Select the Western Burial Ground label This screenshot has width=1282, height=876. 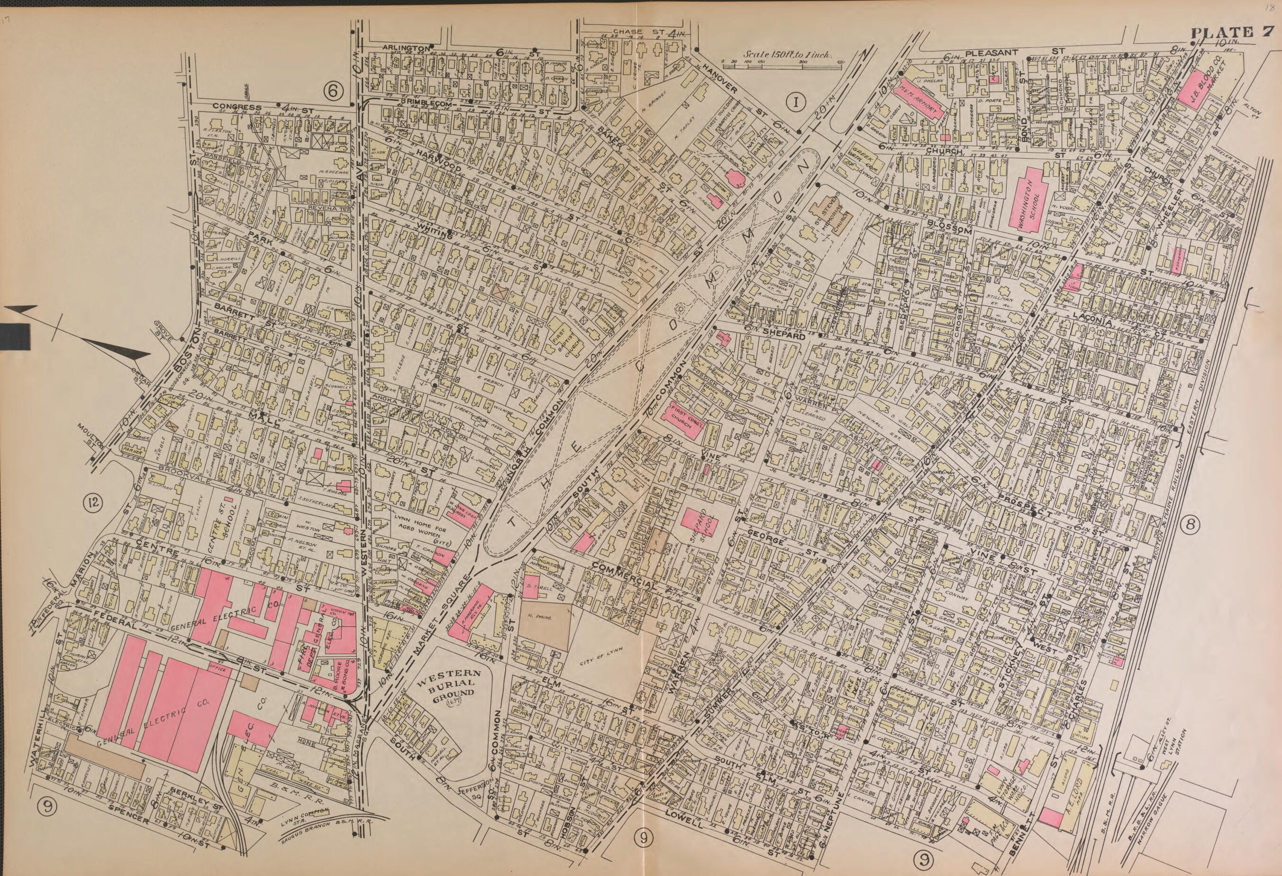[x=461, y=684]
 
